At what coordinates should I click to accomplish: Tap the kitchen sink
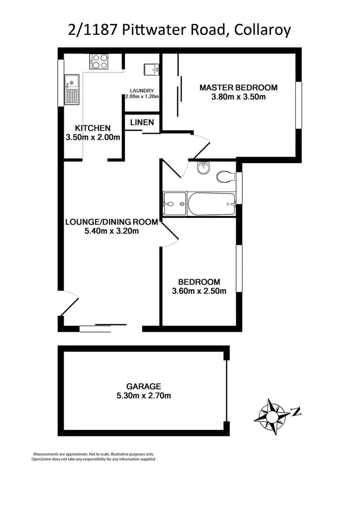click(x=72, y=89)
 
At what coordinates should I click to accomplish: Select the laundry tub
click(x=151, y=70)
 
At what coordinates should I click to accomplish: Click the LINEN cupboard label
click(x=142, y=122)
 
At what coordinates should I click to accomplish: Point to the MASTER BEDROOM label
click(x=238, y=87)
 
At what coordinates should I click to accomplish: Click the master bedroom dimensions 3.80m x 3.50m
click(x=238, y=97)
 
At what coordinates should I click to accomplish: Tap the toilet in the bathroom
click(x=227, y=176)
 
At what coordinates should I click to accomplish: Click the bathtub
click(x=210, y=203)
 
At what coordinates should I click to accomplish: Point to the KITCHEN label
click(x=92, y=128)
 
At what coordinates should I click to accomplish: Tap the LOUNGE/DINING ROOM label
click(x=111, y=222)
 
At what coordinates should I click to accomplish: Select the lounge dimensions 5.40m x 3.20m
click(x=111, y=231)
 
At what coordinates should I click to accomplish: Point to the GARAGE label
click(x=143, y=386)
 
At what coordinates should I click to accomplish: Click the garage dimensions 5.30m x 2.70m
click(x=143, y=396)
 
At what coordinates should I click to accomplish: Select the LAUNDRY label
click(x=142, y=90)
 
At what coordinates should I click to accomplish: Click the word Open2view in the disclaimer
click(x=45, y=459)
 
